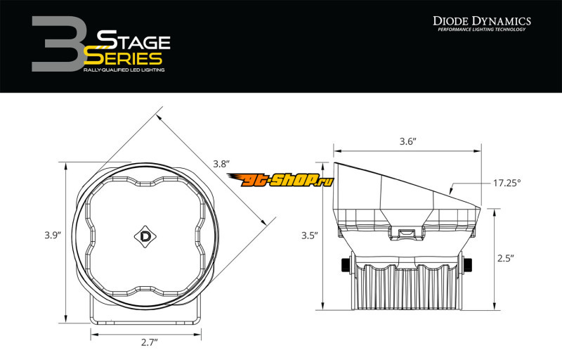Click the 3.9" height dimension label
click(x=53, y=236)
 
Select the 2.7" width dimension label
click(x=149, y=342)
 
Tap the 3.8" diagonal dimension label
click(x=221, y=164)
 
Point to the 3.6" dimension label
click(x=408, y=141)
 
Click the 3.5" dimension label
click(x=309, y=236)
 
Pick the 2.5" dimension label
click(x=506, y=258)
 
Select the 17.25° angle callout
click(x=507, y=183)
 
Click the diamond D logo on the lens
click(x=145, y=237)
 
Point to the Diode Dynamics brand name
click(x=482, y=21)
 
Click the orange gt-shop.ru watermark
click(x=280, y=179)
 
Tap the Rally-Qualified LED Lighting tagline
click(x=124, y=70)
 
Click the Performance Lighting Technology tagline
click(x=482, y=30)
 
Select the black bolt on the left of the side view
click(x=346, y=265)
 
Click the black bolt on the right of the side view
click(x=467, y=265)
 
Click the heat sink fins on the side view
click(x=406, y=288)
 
